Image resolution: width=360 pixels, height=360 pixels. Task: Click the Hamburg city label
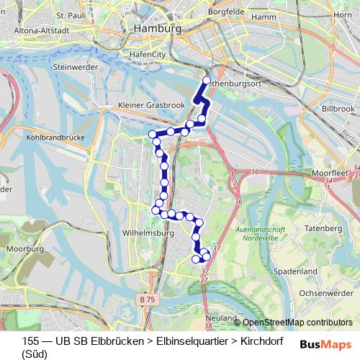155,28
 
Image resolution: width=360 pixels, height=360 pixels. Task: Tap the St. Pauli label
70,14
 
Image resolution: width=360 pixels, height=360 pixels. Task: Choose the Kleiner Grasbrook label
152,105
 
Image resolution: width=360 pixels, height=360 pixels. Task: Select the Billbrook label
338,107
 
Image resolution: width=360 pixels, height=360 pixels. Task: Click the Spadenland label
296,271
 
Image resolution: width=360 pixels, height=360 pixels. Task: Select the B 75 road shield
147,298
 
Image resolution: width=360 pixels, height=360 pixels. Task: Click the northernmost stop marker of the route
207,81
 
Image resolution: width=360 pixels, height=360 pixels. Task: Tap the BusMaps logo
325,344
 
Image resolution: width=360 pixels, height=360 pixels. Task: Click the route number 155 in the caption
30,341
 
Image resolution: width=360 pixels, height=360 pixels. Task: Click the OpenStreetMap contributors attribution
297,323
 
